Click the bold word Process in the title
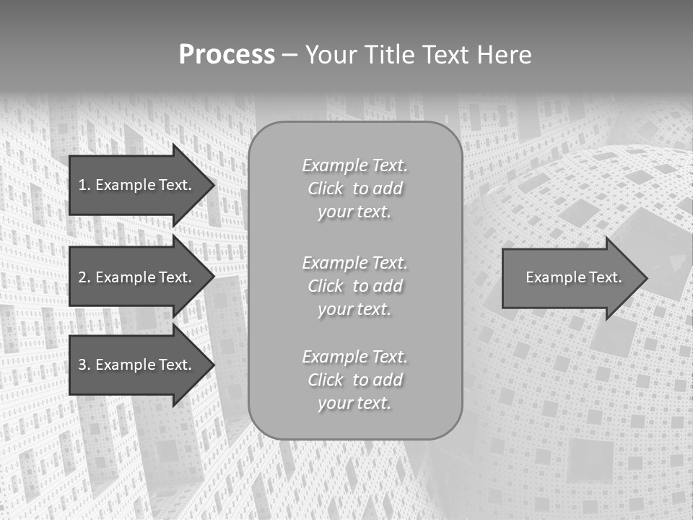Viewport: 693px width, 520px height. (227, 55)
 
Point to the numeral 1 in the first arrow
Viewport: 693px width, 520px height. (82, 185)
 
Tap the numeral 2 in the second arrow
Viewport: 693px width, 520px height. (82, 277)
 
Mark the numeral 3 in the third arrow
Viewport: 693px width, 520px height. (82, 365)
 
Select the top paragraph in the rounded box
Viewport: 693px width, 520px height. (354, 188)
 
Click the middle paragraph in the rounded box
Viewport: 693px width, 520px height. (354, 285)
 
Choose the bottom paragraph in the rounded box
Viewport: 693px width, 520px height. (354, 379)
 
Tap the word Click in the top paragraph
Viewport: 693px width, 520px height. (325, 188)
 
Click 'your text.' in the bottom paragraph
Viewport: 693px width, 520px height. (354, 403)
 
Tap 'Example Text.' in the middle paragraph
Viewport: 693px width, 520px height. (354, 262)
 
